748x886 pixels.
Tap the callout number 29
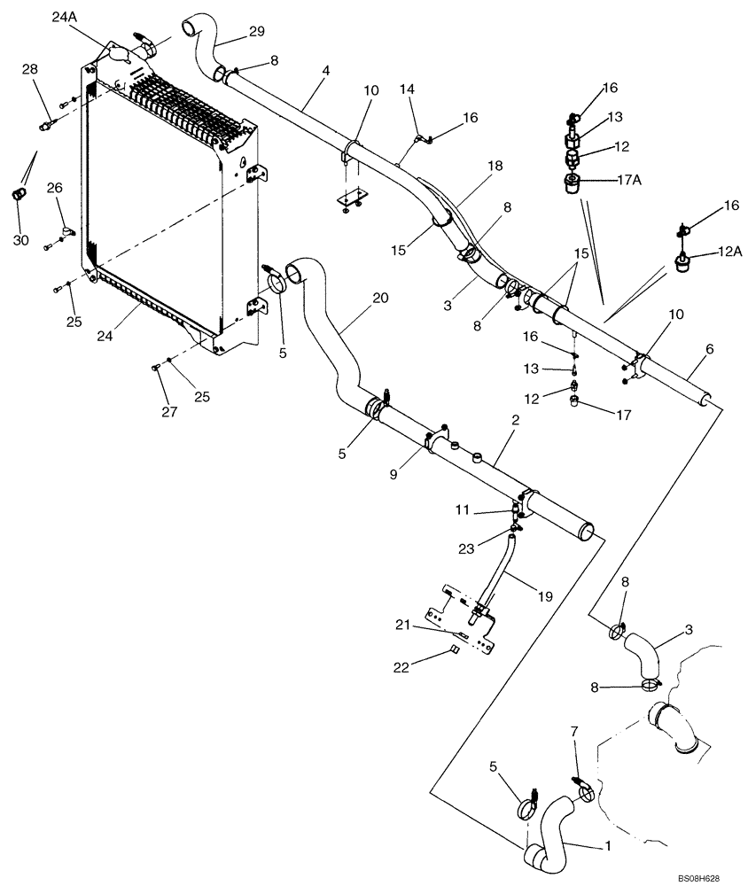256,31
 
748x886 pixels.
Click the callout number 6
709,351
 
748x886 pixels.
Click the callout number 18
494,167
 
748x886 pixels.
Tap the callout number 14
407,89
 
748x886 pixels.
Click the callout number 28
30,69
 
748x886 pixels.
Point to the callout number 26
54,188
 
